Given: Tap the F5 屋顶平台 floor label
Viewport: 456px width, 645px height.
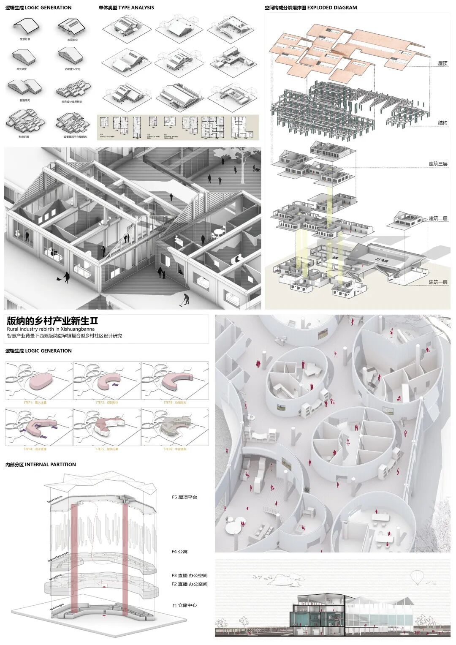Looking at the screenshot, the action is (x=185, y=497).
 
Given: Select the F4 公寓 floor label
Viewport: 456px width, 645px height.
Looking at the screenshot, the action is (x=179, y=552).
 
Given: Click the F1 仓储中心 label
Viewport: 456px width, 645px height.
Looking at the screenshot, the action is (x=185, y=605).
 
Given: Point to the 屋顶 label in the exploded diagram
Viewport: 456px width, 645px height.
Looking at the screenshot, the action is (x=442, y=63).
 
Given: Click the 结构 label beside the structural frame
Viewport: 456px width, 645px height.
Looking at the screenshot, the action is (x=442, y=123).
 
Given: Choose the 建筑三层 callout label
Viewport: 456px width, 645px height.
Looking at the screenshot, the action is (x=438, y=164).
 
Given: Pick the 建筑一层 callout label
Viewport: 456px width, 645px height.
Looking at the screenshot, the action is (x=438, y=282).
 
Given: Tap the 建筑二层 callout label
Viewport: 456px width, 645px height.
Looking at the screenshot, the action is (x=438, y=218).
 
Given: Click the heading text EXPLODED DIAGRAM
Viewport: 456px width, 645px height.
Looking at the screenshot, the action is (x=332, y=8).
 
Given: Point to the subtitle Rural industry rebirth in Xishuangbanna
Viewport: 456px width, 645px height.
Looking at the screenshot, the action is (x=51, y=329).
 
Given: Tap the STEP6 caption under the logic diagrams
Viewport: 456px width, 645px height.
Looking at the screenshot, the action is (x=175, y=449).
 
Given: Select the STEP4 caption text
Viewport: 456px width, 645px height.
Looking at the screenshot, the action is (x=35, y=449).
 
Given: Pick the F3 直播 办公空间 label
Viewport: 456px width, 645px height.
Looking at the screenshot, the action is (x=190, y=575).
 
